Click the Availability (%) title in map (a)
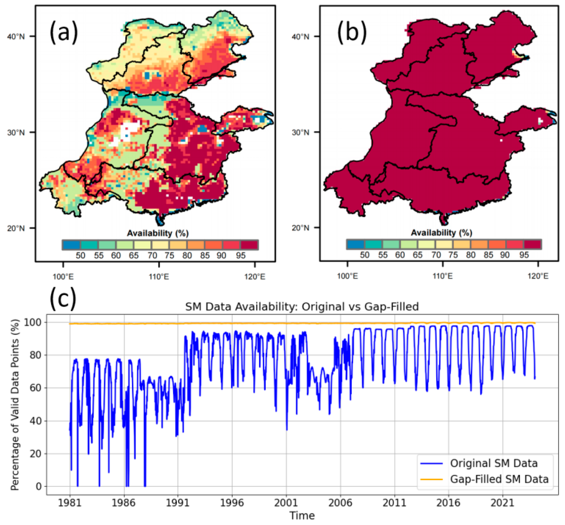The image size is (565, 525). [x=158, y=233]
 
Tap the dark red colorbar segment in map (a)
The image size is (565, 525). [x=249, y=245]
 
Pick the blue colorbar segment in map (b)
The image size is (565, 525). [x=355, y=244]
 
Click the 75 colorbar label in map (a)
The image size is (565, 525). [x=169, y=255]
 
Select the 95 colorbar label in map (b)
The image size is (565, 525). [x=524, y=255]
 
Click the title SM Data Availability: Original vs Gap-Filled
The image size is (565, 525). [x=302, y=307]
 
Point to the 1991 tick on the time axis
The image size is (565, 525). [x=178, y=503]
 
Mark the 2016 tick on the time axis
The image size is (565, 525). [x=448, y=503]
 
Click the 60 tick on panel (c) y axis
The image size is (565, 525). [x=35, y=388]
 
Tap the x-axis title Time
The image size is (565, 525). [x=302, y=515]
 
